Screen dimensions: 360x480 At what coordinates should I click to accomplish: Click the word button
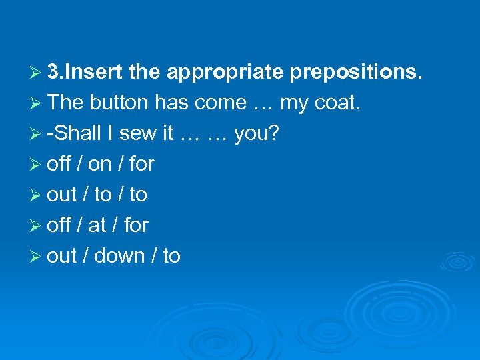(x=119, y=103)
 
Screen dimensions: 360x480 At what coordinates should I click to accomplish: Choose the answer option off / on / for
(x=101, y=164)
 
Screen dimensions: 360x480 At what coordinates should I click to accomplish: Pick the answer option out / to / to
(x=97, y=195)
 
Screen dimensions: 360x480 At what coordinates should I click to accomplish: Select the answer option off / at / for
(x=98, y=225)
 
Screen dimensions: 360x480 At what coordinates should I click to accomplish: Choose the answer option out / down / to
(x=114, y=256)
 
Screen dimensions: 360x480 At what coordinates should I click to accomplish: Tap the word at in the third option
(x=97, y=225)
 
